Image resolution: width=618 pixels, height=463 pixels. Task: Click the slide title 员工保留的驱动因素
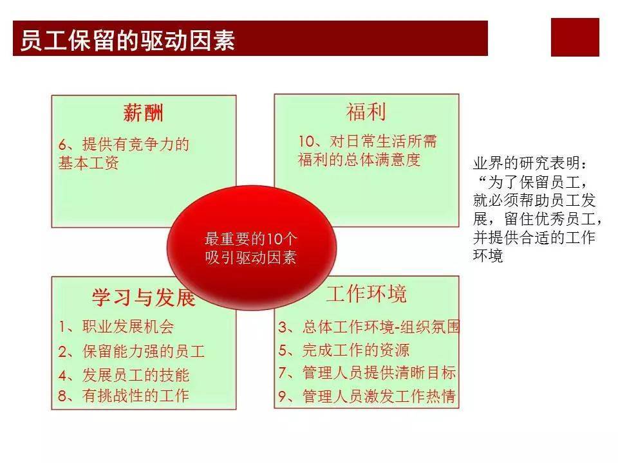127,39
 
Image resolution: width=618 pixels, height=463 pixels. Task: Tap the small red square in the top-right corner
575,37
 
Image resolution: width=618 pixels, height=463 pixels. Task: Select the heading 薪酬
143,113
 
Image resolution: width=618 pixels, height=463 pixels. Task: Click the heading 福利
366,113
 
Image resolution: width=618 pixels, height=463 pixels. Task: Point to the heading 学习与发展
143,298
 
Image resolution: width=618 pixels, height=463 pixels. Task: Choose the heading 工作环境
366,295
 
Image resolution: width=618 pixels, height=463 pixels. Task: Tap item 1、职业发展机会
116,327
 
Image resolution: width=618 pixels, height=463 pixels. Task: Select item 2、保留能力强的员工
131,352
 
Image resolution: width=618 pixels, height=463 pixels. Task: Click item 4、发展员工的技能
124,375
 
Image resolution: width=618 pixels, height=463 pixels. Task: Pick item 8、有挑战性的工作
124,395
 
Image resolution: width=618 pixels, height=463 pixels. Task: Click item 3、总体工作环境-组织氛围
369,327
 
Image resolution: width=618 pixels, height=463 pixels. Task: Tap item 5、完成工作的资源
344,350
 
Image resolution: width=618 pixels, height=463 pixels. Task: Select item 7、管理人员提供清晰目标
367,373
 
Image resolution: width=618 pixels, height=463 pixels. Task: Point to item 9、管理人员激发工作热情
367,397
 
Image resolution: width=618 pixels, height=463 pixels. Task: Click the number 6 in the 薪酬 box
62,145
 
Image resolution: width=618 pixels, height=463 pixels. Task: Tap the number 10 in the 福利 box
306,141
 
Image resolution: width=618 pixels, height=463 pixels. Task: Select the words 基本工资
88,163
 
